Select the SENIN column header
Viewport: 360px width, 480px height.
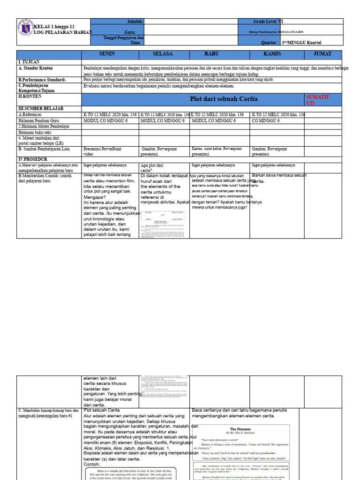(110, 54)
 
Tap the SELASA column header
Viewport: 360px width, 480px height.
(163, 54)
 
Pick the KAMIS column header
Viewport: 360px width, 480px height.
(272, 54)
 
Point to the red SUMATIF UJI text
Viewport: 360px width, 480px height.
(317, 99)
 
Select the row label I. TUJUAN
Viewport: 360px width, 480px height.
(29, 62)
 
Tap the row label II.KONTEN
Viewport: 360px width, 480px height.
(30, 96)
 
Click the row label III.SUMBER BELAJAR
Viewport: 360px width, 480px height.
(41, 108)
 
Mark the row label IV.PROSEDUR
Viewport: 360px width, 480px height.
(33, 159)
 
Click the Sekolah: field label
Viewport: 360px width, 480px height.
(135, 22)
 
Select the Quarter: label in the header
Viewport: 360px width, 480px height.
(269, 42)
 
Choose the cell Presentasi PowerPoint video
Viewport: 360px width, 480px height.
(102, 151)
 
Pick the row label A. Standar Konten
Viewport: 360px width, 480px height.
(36, 68)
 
